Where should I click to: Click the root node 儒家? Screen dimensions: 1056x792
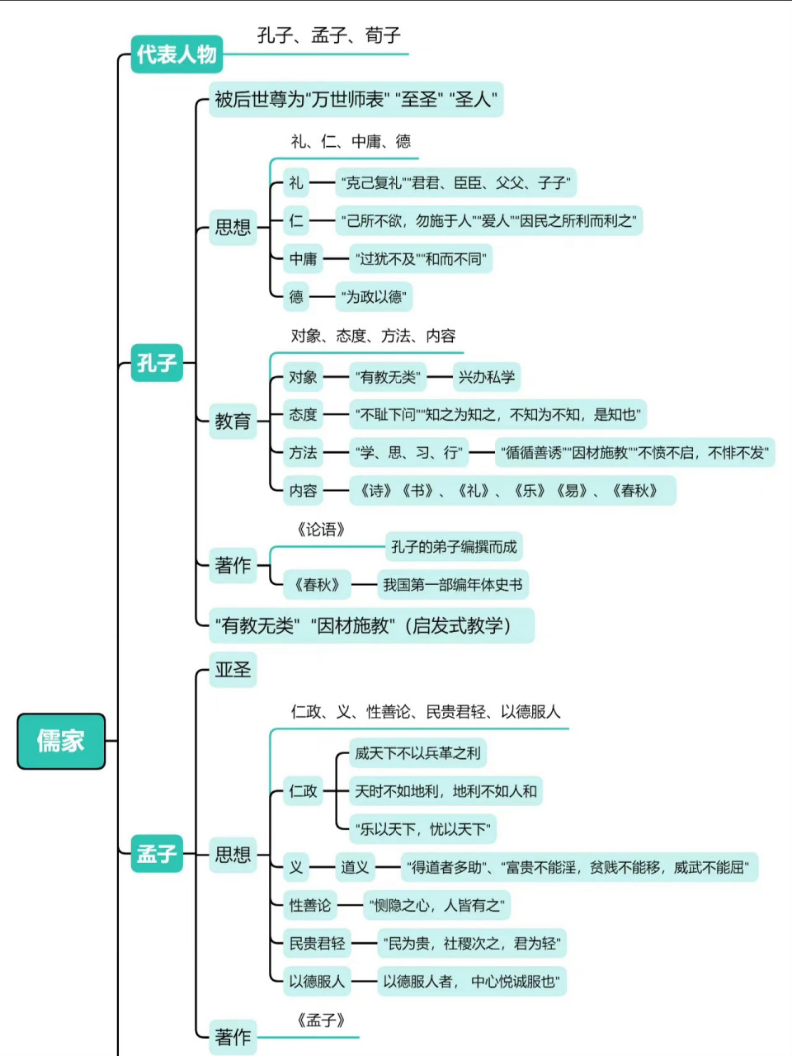(x=61, y=741)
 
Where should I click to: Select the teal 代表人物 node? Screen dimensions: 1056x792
(x=177, y=54)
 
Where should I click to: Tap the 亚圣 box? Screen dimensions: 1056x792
(x=233, y=669)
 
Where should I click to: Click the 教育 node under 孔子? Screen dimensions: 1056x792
(x=233, y=421)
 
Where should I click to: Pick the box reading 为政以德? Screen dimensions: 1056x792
(x=374, y=297)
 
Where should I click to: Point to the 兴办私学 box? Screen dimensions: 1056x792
(x=487, y=377)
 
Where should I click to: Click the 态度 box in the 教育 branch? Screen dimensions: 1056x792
(x=303, y=414)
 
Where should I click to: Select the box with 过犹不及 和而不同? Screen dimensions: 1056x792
(x=421, y=259)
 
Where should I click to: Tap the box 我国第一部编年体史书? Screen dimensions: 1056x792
(x=452, y=585)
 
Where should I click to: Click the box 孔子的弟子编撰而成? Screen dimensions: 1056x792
(x=454, y=547)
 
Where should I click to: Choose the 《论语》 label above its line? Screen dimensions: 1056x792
(x=320, y=530)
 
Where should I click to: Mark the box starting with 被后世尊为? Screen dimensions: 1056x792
(x=356, y=100)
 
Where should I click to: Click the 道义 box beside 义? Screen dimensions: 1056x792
(x=355, y=867)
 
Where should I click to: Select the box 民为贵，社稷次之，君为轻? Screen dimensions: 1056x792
(x=472, y=943)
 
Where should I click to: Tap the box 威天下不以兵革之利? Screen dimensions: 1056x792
(x=417, y=752)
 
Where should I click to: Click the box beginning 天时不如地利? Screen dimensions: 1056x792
(x=445, y=791)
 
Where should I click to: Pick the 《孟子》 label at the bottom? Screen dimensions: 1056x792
(x=320, y=1021)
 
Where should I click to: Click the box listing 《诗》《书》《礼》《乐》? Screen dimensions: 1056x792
(x=508, y=491)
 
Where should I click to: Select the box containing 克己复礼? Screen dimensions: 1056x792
(x=455, y=182)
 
